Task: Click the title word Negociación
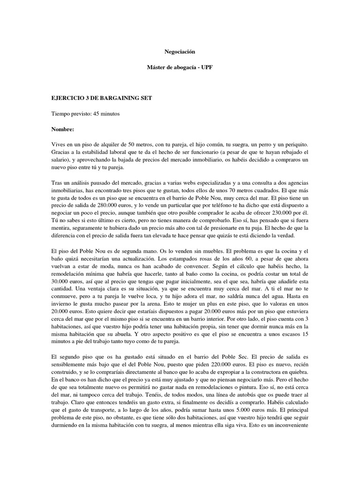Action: click(180, 51)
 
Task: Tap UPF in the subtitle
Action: click(205, 68)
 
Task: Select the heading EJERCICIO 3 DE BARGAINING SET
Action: click(101, 98)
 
